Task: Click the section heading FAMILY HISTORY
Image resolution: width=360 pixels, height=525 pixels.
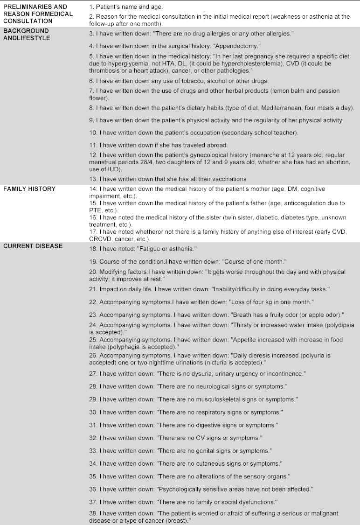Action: click(29, 189)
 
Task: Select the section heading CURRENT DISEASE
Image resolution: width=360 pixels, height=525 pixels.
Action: click(33, 246)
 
